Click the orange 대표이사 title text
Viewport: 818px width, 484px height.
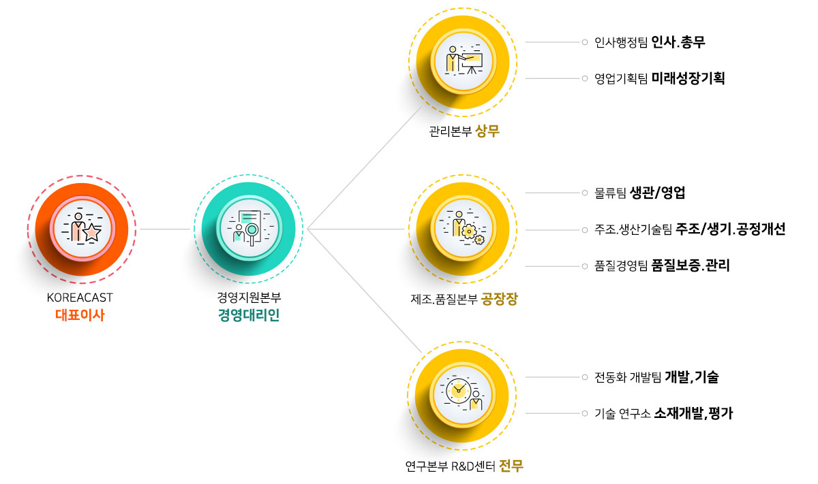[80, 314]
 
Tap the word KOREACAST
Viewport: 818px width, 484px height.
[80, 297]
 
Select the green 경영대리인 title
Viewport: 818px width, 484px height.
[249, 314]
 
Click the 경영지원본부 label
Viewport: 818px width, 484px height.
[249, 297]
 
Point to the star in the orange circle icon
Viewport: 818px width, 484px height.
[92, 232]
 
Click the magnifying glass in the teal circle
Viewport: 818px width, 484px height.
[252, 233]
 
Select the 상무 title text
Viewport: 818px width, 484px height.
[487, 131]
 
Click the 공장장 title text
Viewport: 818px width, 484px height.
[499, 299]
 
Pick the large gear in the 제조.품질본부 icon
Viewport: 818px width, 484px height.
[469, 231]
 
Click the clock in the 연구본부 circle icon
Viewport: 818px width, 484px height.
[458, 391]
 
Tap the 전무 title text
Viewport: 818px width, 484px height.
[511, 466]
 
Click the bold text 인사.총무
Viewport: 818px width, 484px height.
[678, 42]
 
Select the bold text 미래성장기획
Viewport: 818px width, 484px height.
[688, 78]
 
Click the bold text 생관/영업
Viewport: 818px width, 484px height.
[657, 193]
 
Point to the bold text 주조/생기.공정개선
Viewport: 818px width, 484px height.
[730, 229]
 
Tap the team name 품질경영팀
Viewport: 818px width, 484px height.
[621, 265]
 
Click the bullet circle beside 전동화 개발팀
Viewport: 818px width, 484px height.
[585, 376]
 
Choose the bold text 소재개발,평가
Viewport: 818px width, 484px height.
[693, 413]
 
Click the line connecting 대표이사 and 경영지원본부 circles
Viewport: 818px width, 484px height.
[165, 229]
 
